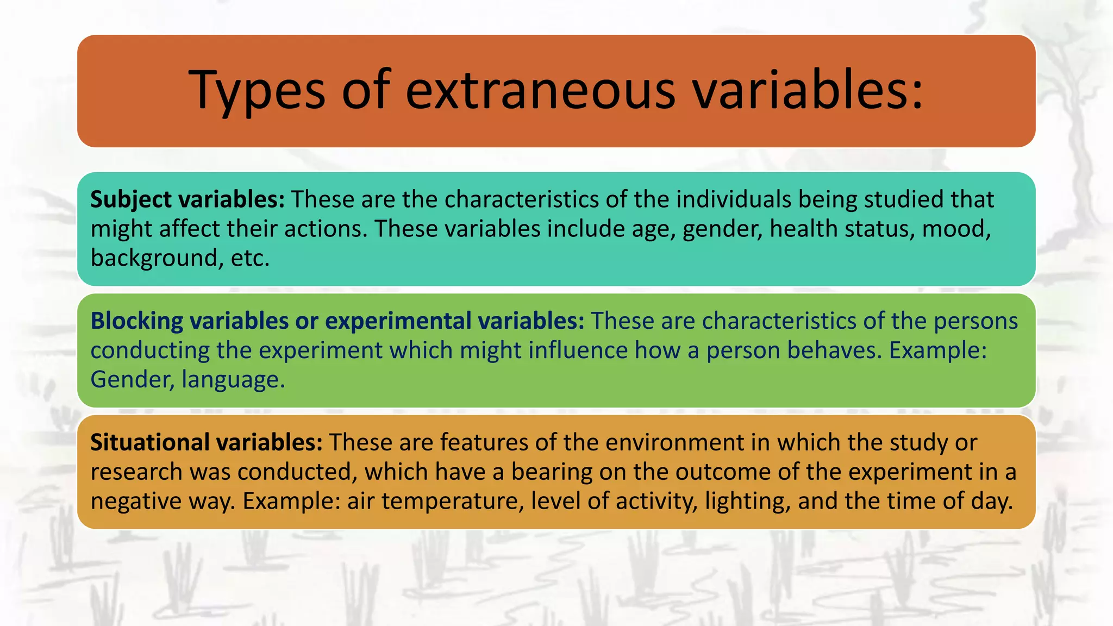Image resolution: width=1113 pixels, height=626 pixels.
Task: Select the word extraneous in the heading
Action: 541,90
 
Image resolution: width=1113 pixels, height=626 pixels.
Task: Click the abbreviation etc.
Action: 250,258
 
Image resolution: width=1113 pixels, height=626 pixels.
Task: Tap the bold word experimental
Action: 398,321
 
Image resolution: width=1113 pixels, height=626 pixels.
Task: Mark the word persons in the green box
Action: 976,321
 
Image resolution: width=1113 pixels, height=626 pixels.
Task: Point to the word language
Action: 233,380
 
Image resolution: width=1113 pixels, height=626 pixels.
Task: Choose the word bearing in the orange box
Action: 552,472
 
